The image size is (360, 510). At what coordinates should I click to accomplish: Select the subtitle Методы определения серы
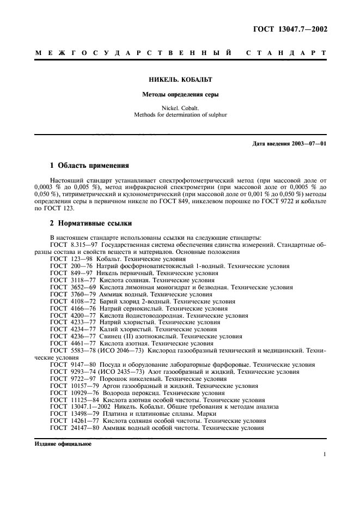coord(180,94)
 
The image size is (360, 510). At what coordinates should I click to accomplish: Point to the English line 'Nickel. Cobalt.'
coord(180,108)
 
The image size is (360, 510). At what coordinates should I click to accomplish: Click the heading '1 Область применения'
coord(89,165)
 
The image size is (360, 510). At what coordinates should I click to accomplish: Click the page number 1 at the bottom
coord(324,454)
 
